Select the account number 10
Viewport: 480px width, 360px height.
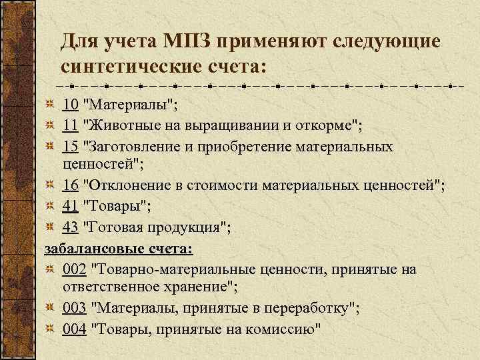click(x=70, y=105)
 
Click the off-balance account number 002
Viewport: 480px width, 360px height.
click(x=74, y=269)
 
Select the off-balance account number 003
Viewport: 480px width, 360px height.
click(x=74, y=309)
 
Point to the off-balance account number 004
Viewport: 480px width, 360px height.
click(x=74, y=329)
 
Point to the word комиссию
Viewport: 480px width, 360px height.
click(x=281, y=329)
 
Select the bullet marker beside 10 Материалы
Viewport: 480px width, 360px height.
click(x=51, y=105)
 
